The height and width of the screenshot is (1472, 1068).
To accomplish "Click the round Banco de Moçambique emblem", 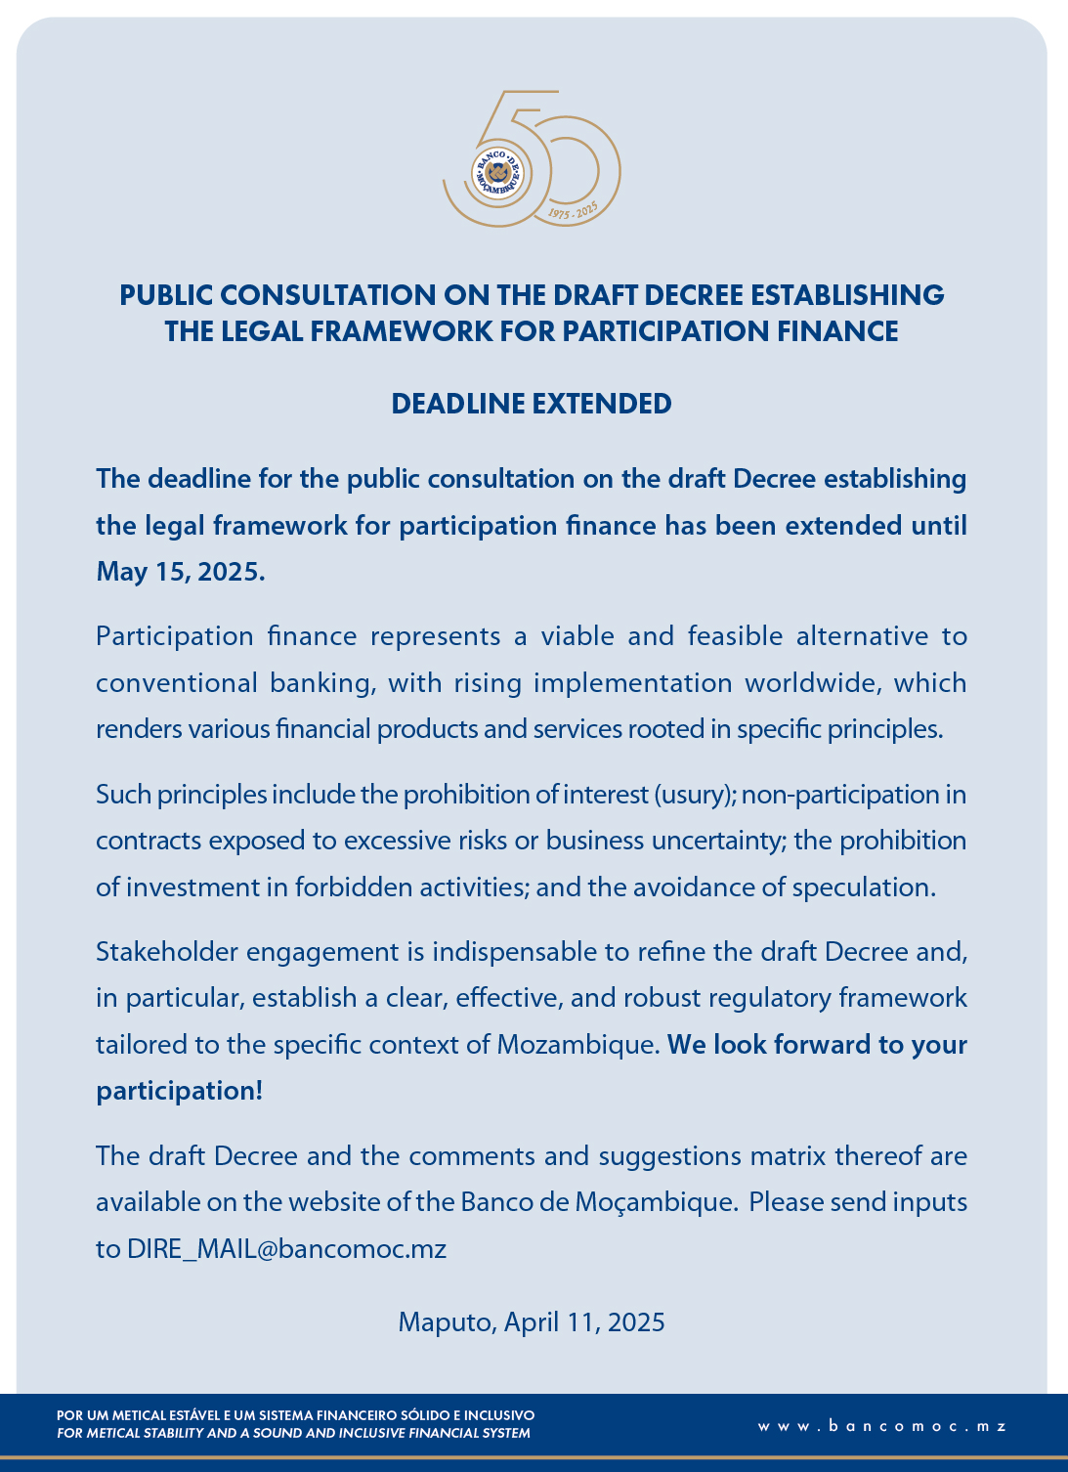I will pos(497,173).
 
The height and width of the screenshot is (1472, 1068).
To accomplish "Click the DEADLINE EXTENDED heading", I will pos(532,404).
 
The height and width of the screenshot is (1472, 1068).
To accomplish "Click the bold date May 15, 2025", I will pos(181,572).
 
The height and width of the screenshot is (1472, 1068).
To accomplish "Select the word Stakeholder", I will pos(166,952).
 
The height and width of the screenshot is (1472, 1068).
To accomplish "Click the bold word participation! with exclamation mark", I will pos(180,1091).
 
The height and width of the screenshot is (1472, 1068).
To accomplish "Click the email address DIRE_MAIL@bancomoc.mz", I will pos(286,1249).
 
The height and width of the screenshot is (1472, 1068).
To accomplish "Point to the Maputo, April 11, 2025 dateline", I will pos(532,1322).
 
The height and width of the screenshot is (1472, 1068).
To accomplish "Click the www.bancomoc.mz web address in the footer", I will pos(881,1426).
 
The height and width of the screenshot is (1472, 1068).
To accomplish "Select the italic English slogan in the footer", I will pos(293,1434).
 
